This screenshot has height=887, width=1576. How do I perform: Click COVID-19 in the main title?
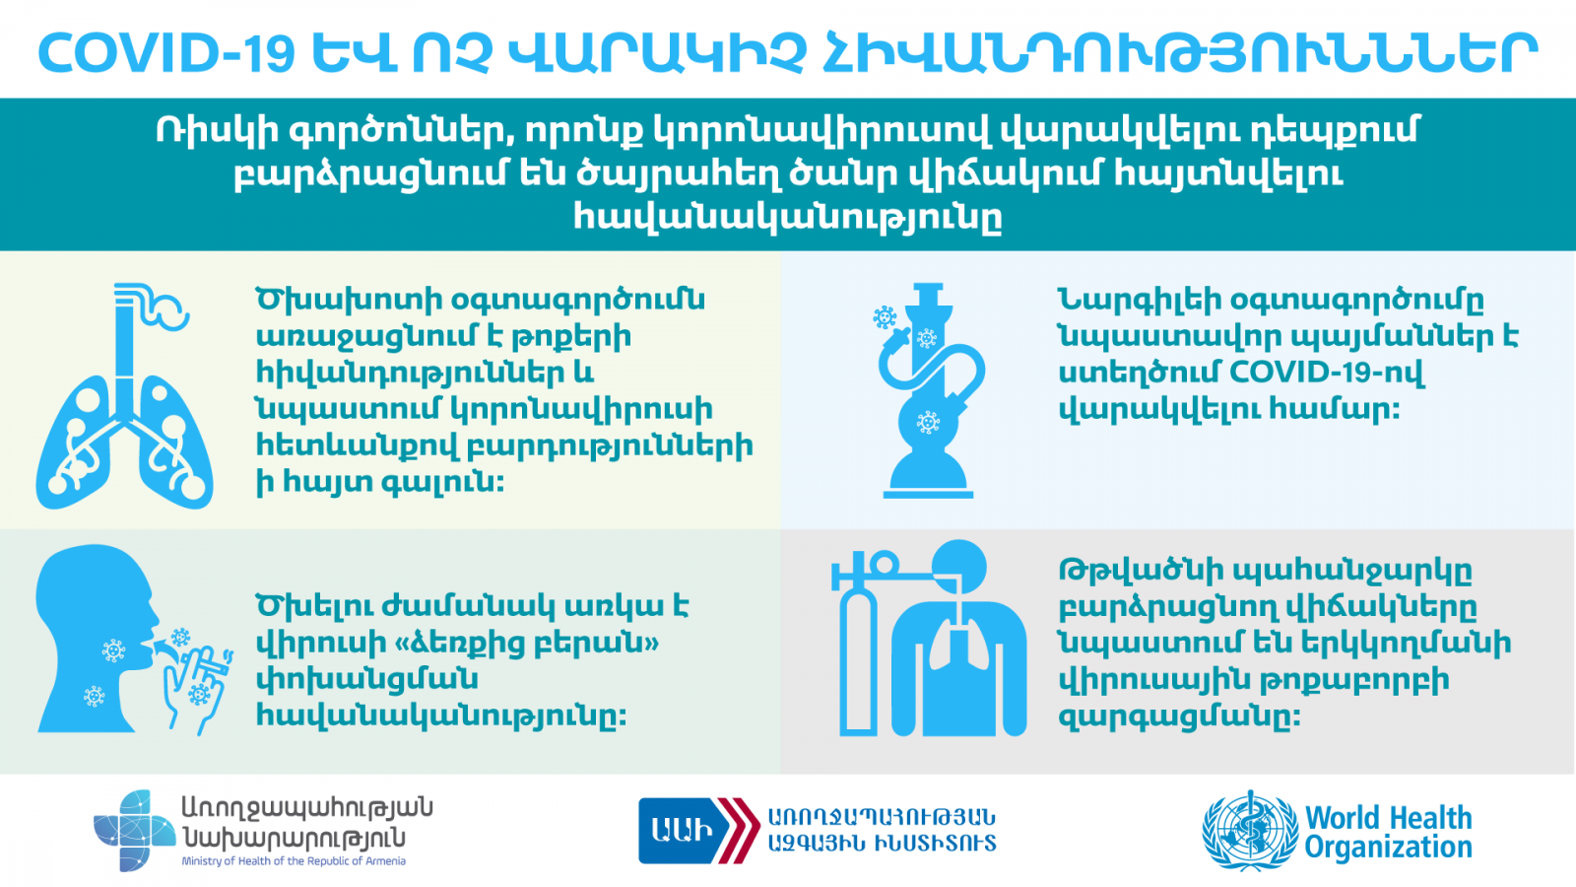point(166,53)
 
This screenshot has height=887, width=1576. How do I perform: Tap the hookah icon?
point(929,390)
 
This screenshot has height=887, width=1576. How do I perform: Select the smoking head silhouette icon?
point(134,640)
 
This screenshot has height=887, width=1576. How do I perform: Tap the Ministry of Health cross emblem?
point(134,830)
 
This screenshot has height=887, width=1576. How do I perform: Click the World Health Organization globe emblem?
point(1250,831)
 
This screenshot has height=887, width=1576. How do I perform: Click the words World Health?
point(1388,818)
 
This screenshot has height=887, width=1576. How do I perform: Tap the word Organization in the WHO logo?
point(1388,848)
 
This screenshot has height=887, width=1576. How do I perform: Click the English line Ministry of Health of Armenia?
point(294,861)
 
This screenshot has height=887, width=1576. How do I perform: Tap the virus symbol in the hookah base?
point(928,423)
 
